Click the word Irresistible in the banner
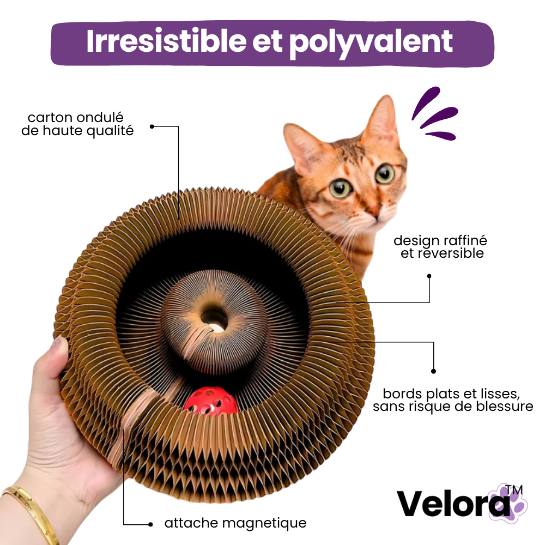click(x=166, y=41)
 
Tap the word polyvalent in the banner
click(x=371, y=44)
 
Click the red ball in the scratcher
click(x=210, y=401)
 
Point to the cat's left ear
click(x=381, y=118)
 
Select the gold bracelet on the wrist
click(x=31, y=514)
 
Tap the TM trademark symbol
click(x=514, y=489)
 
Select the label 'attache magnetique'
click(x=235, y=523)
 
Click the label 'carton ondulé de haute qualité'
click(x=77, y=124)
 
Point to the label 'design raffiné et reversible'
click(x=441, y=247)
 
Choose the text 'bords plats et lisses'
click(x=451, y=393)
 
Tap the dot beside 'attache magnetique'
click(x=150, y=524)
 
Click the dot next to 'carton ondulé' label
click(x=152, y=126)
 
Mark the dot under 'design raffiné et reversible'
click(x=429, y=276)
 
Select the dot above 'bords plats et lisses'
click(x=433, y=371)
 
